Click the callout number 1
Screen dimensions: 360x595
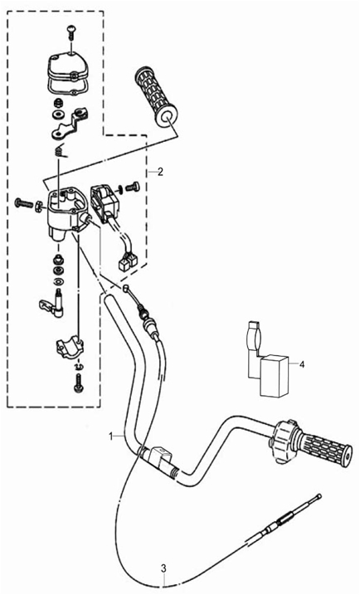point(111,436)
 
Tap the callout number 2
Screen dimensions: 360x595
point(160,172)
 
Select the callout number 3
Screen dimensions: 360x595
point(163,568)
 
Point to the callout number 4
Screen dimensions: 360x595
point(302,364)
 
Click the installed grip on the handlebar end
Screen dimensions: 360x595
point(324,450)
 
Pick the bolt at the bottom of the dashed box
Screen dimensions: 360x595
point(79,382)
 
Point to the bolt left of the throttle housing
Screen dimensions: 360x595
point(24,204)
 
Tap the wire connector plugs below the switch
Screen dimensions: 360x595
point(129,262)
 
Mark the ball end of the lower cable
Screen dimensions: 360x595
point(319,495)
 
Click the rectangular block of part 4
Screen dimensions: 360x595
point(275,376)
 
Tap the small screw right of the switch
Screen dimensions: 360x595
point(132,187)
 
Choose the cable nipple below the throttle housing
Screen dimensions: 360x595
point(126,289)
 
